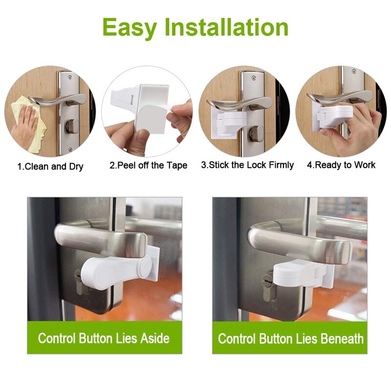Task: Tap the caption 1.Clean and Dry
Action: coord(50,167)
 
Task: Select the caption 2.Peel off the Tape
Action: coord(148,166)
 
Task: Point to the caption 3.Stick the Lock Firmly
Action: coord(247,165)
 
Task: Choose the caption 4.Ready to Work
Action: coord(341,165)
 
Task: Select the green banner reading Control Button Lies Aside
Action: coord(104,338)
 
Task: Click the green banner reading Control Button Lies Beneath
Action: coord(290,338)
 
